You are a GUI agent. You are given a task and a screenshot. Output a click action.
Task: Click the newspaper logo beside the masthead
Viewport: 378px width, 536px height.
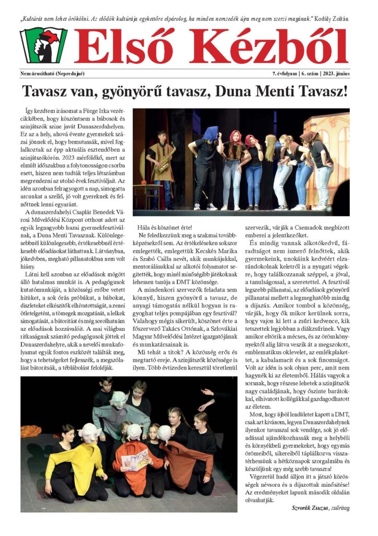(x=43, y=46)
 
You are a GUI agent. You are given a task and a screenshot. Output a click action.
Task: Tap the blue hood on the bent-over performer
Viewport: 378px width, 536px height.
(x=210, y=133)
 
